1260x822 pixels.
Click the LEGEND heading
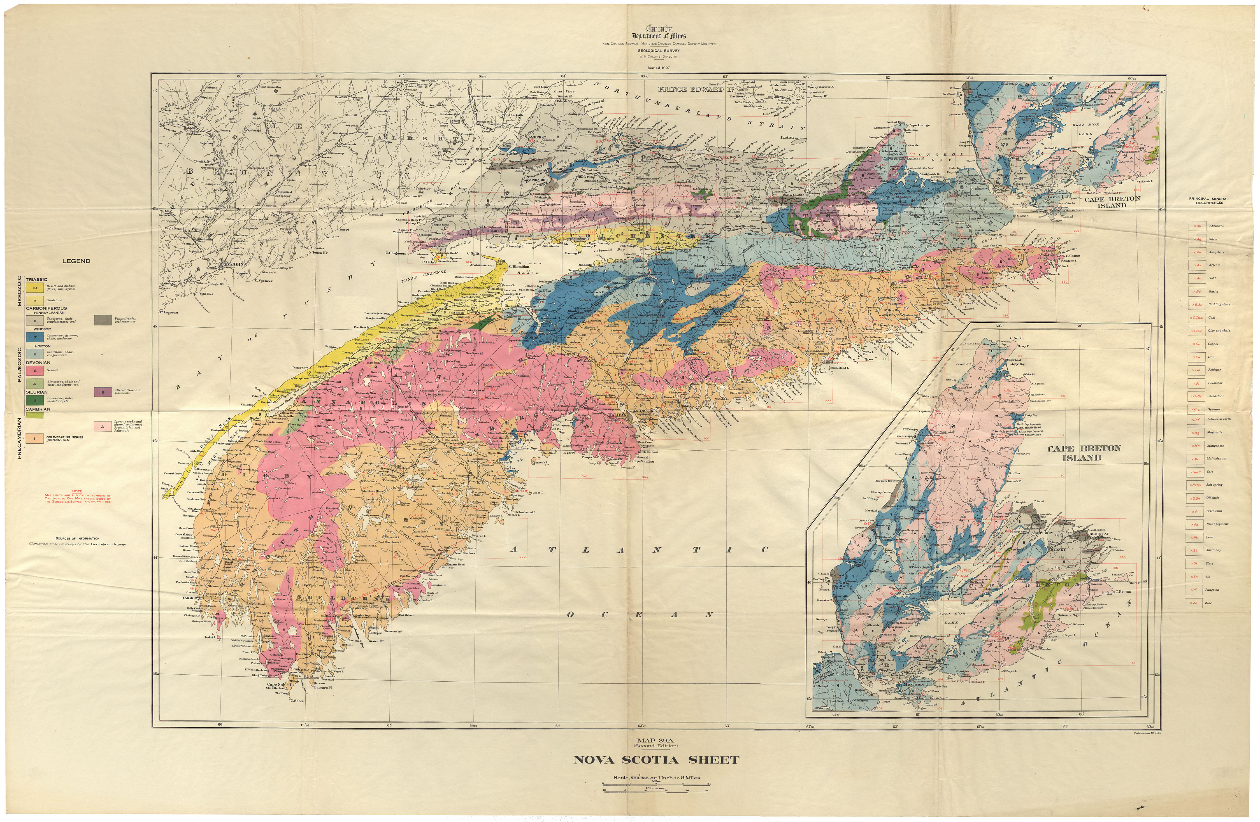click(x=76, y=261)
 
